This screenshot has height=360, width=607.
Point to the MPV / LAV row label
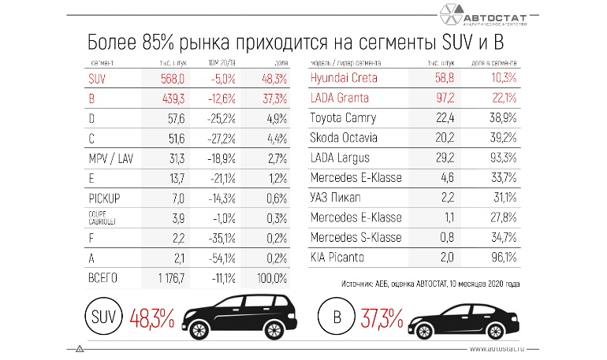click(113, 158)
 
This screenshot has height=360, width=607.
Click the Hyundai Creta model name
click(344, 78)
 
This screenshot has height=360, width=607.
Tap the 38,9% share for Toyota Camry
click(502, 118)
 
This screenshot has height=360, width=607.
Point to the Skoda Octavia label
click(344, 138)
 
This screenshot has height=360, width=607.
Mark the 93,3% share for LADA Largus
click(502, 158)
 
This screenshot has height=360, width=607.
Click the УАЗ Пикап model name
click(337, 198)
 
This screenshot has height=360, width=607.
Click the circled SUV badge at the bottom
click(100, 320)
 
